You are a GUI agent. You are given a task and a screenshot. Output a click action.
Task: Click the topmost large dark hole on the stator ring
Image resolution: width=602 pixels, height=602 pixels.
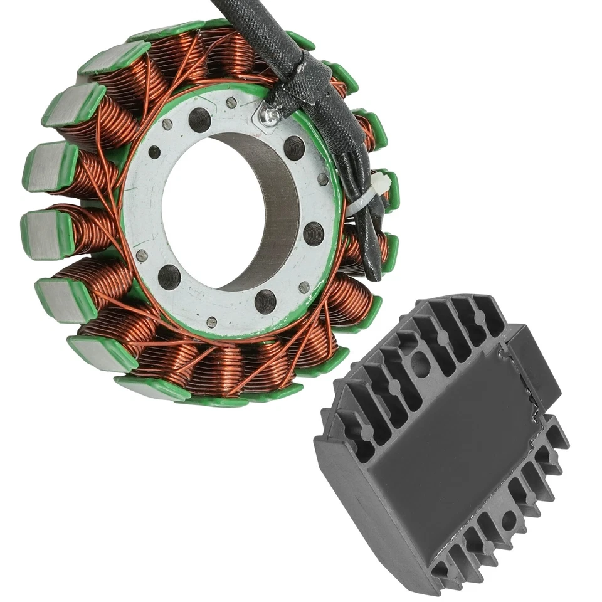coord(200,119)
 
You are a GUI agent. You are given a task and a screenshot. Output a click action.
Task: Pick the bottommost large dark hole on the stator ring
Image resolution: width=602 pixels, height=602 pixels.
coord(265,301)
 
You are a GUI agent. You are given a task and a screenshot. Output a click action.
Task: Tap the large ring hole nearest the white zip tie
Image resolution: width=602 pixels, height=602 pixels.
coord(314,233)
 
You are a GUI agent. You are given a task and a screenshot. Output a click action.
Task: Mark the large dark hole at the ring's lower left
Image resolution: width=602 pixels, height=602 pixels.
coord(169,276)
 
